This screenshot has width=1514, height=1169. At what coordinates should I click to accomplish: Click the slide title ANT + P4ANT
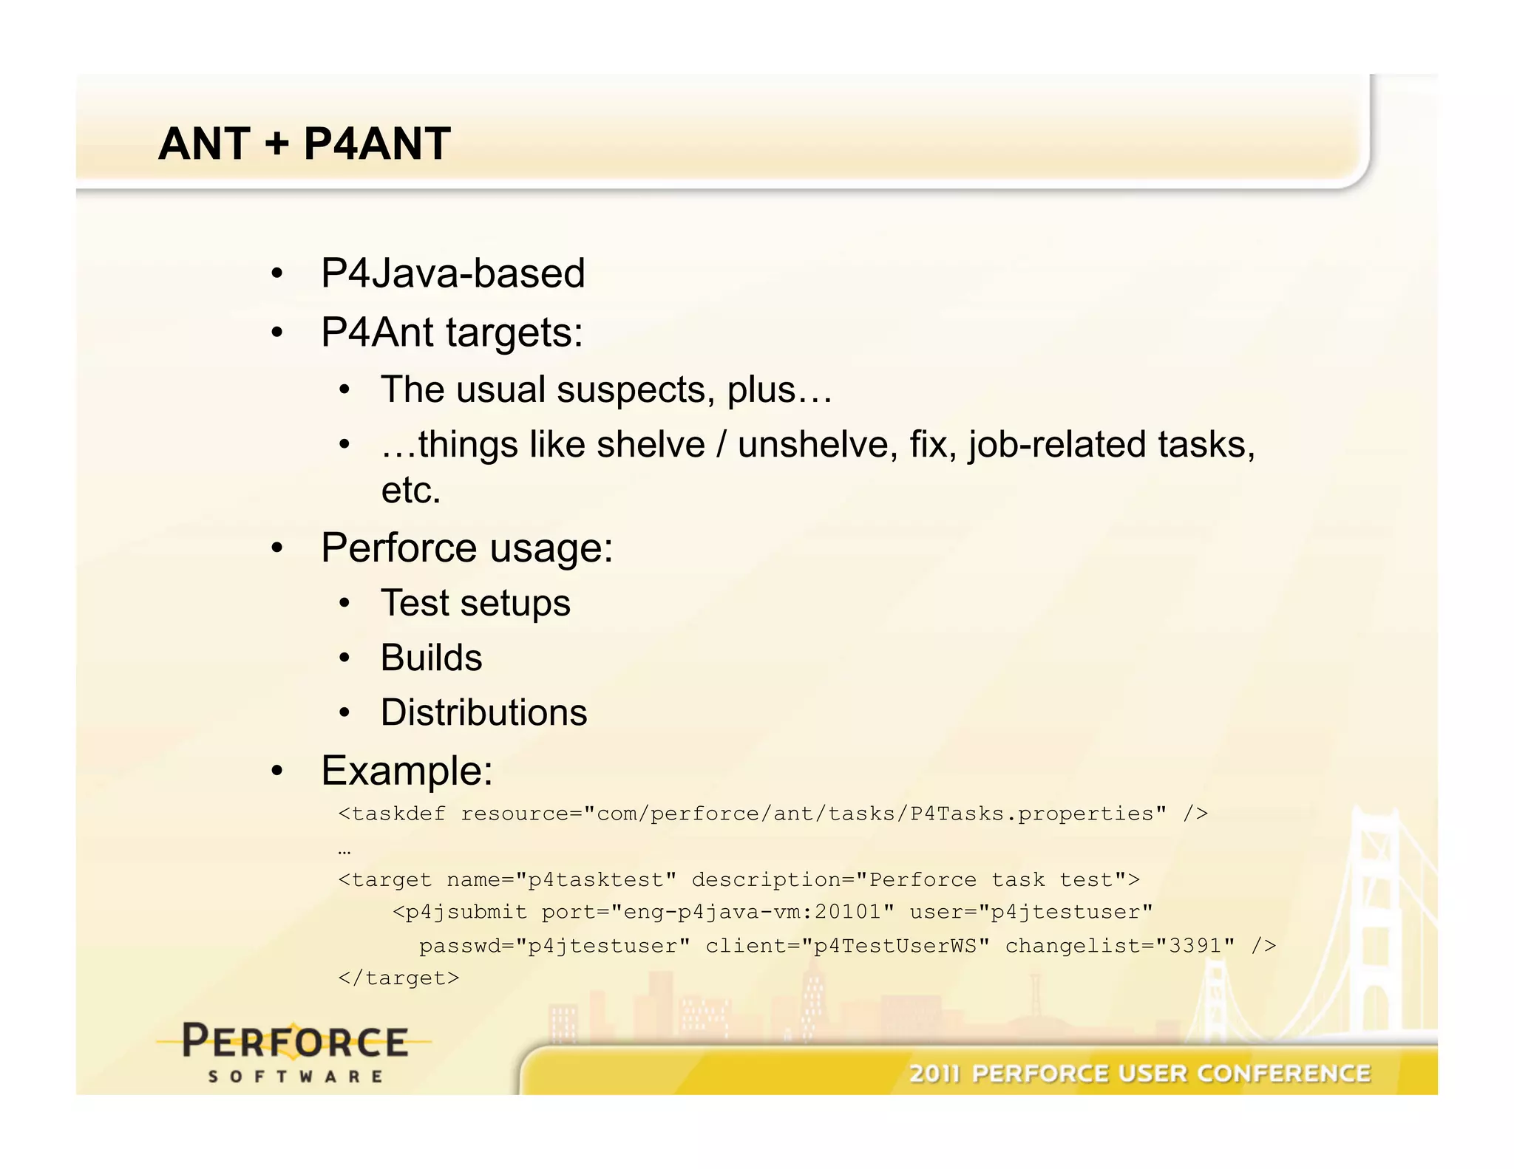(x=304, y=143)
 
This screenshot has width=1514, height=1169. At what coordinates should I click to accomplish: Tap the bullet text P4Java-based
(x=452, y=273)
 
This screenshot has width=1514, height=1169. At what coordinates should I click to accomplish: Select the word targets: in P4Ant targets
(x=515, y=333)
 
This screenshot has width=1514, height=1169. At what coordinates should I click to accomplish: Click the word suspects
(x=635, y=389)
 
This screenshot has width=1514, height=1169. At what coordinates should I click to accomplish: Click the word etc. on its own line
(x=410, y=490)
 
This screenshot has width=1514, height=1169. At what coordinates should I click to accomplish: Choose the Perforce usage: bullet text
(x=466, y=548)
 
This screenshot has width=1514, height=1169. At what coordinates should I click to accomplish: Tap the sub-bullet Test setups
(x=475, y=603)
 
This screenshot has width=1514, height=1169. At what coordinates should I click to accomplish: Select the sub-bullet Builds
(x=431, y=658)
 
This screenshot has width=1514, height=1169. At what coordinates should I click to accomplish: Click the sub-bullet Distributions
(x=483, y=713)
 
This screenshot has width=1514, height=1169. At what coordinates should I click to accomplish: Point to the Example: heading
(x=407, y=771)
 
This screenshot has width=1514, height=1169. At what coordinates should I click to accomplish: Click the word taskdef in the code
(x=398, y=814)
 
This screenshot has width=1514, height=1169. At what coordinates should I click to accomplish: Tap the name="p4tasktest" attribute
(x=561, y=880)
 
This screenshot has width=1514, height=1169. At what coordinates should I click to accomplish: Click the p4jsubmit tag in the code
(x=466, y=913)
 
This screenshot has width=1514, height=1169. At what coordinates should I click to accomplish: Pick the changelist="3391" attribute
(x=1119, y=946)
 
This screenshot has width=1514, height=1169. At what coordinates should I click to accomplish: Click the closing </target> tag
(x=398, y=978)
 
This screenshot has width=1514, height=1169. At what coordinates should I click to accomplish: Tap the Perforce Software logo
(x=294, y=1051)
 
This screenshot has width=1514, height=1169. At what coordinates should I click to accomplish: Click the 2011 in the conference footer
(x=934, y=1074)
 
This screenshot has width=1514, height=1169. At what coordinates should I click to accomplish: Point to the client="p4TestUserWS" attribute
(x=847, y=946)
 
